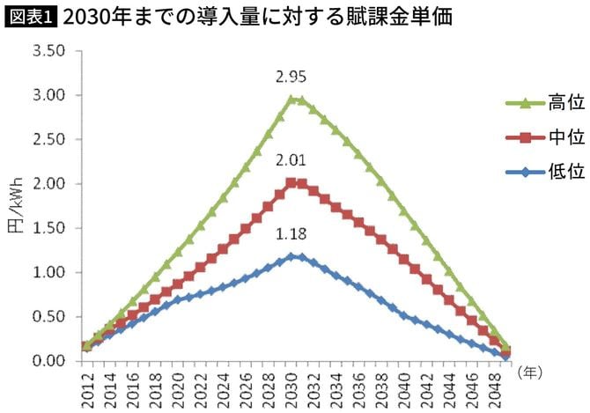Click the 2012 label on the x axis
(x=86, y=388)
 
